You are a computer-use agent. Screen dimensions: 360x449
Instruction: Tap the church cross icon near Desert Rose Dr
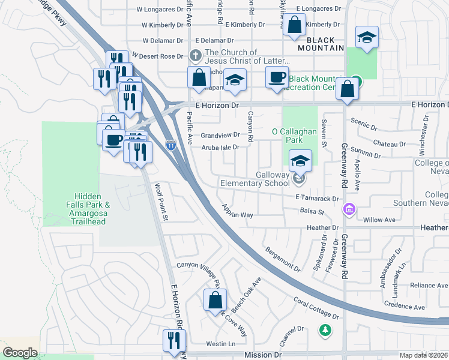click(x=195, y=56)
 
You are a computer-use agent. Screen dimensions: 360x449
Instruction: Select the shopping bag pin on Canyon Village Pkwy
click(x=215, y=300)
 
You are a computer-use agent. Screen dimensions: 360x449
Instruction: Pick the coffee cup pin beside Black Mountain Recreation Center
click(x=277, y=78)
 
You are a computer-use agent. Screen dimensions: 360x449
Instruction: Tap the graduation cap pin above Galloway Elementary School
click(x=300, y=161)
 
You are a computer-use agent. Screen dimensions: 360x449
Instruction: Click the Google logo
click(x=20, y=352)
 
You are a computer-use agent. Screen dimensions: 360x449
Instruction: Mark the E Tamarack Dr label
click(x=318, y=198)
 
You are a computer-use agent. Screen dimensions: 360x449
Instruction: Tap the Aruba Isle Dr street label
click(x=220, y=147)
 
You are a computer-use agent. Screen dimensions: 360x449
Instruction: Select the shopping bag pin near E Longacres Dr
click(x=294, y=26)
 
